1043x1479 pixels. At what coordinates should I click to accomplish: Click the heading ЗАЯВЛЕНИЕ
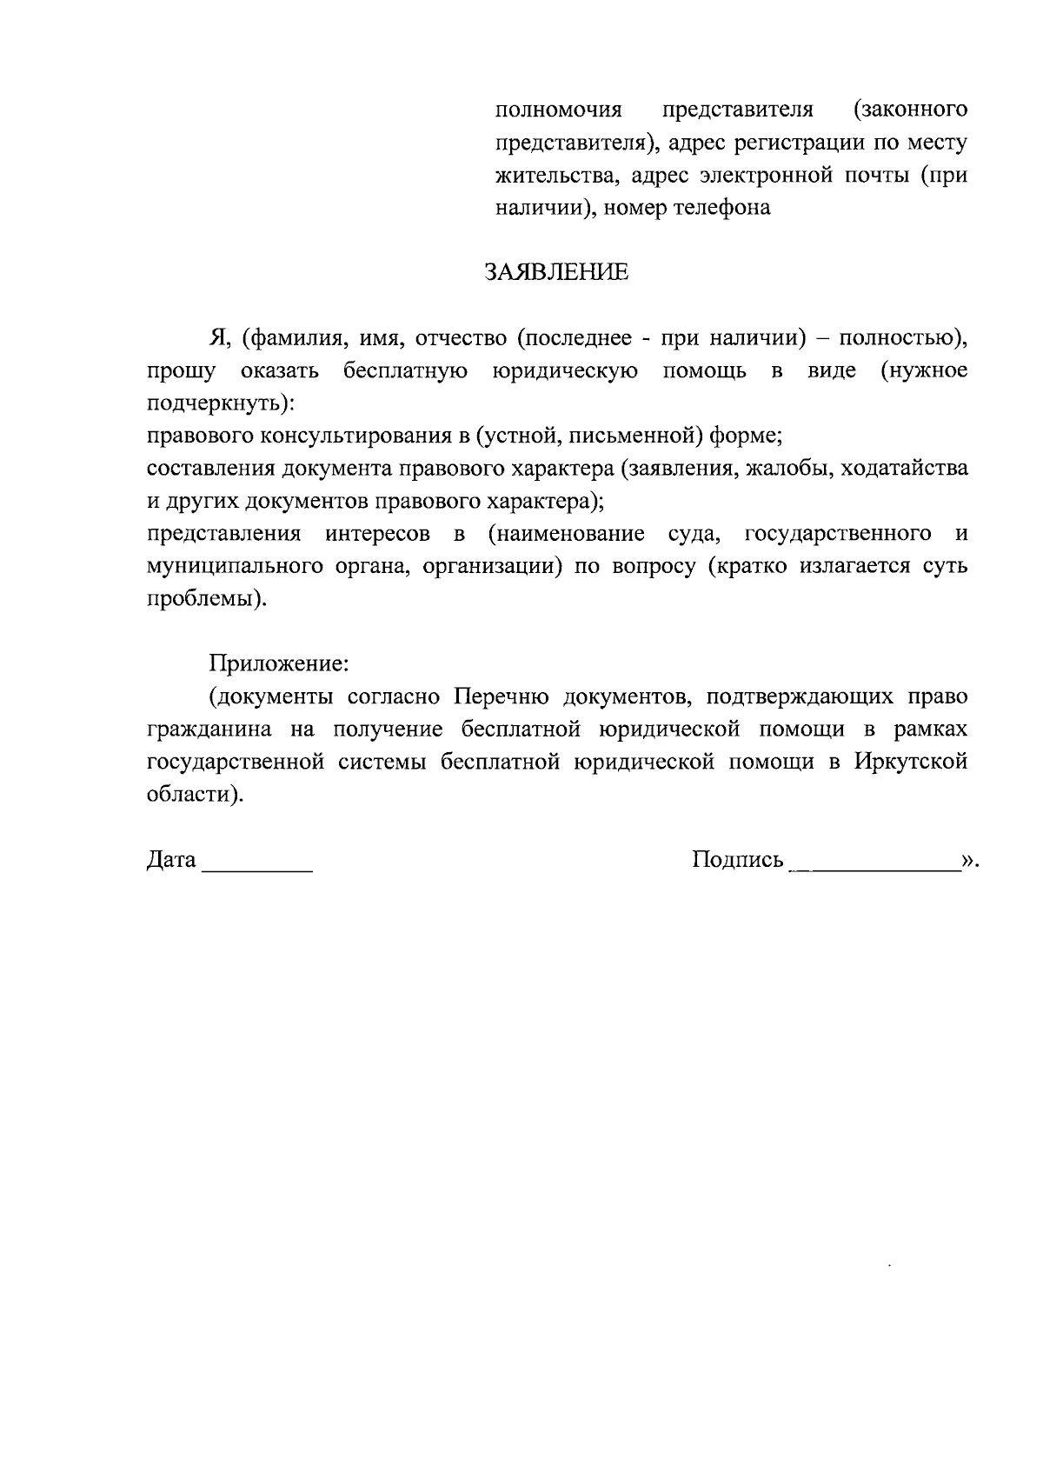coord(555,272)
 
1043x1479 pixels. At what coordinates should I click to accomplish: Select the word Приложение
coord(277,663)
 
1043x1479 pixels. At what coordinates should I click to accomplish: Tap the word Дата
coord(171,860)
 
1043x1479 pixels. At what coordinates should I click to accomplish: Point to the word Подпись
coord(738,860)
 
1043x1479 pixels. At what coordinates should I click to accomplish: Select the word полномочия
coord(559,110)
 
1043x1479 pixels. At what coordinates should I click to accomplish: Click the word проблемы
coord(203,600)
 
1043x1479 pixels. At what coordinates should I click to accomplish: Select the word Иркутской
coord(910,762)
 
